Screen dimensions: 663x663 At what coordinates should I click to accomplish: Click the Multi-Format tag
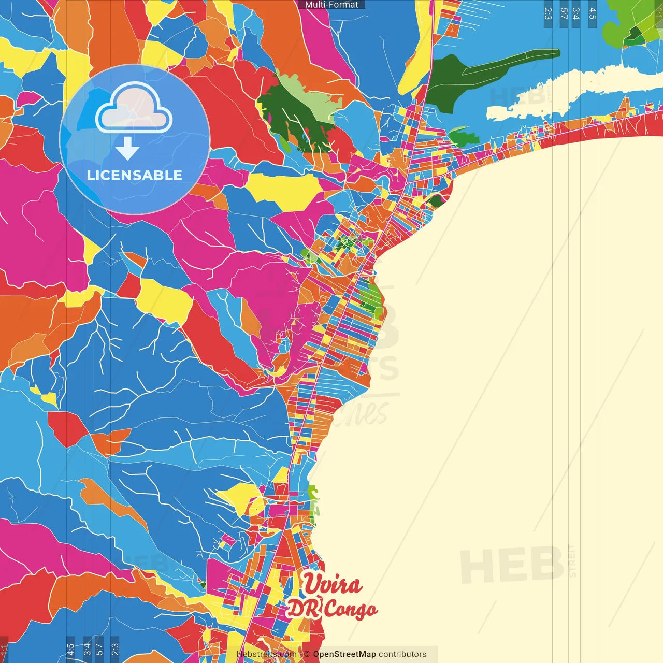[x=331, y=5]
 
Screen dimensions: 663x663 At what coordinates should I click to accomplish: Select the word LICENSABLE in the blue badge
[x=135, y=175]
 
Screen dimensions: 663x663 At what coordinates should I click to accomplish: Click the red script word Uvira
[x=332, y=584]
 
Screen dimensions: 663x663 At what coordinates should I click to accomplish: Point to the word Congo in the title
[x=351, y=610]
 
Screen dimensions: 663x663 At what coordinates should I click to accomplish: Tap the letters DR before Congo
[x=302, y=609]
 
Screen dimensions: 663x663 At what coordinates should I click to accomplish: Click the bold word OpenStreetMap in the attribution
[x=344, y=654]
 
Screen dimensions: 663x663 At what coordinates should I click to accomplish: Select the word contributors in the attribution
[x=402, y=654]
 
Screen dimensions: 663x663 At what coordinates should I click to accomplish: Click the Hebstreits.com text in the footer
[x=266, y=654]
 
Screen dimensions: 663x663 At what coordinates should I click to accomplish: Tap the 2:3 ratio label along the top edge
[x=548, y=13]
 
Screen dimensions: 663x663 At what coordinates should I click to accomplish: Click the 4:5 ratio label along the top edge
[x=593, y=13]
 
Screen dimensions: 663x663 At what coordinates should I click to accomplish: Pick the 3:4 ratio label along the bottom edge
[x=87, y=648]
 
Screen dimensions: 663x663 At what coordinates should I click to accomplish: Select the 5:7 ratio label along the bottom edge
[x=99, y=648]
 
